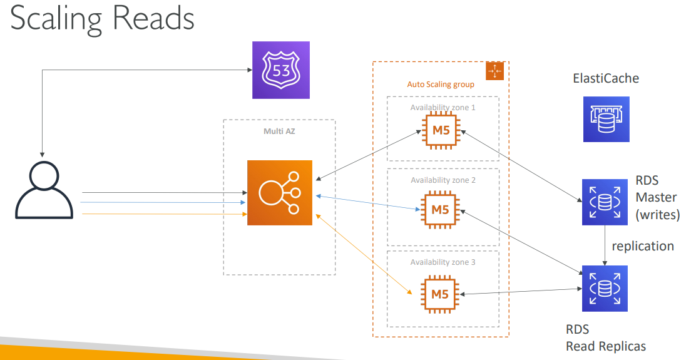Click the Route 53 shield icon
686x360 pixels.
(x=280, y=69)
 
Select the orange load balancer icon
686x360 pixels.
(x=279, y=192)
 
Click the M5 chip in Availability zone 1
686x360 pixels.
(x=441, y=131)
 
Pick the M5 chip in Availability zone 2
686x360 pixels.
(x=441, y=210)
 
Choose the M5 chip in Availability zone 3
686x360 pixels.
(x=441, y=293)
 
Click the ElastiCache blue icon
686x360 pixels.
(x=606, y=119)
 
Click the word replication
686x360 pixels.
(x=643, y=245)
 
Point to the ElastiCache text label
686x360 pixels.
(x=606, y=79)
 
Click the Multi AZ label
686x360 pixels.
(x=279, y=131)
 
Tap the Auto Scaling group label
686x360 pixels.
(x=441, y=84)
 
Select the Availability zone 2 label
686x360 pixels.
(x=443, y=180)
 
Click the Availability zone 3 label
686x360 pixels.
(x=443, y=262)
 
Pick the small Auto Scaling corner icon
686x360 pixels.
(x=495, y=71)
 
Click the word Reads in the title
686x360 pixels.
(x=154, y=19)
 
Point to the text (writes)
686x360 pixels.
(x=658, y=215)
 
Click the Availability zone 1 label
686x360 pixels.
(x=443, y=107)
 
